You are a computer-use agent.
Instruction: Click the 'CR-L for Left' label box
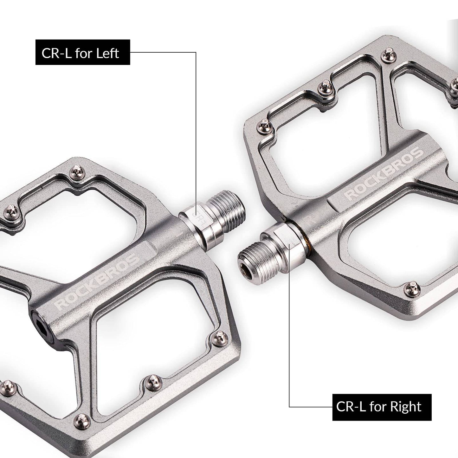coord(83,52)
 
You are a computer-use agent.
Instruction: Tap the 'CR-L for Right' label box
coord(382,407)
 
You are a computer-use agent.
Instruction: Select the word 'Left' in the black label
coord(107,53)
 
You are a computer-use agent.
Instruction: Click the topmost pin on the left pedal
coord(76,171)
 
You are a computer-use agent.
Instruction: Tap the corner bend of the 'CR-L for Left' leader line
coord(196,52)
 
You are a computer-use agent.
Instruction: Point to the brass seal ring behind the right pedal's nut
coord(305,240)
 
